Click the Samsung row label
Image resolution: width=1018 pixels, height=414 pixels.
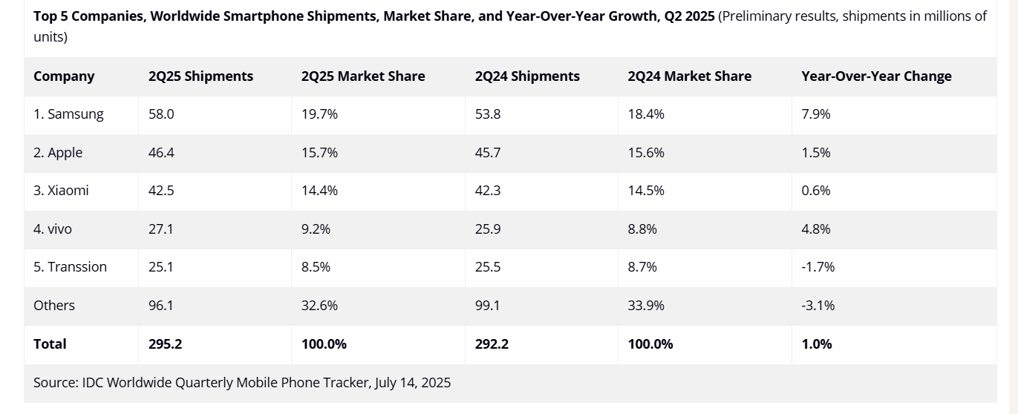pos(68,114)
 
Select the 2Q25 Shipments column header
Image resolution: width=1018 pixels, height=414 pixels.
pos(200,76)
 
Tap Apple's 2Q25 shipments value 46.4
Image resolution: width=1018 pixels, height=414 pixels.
pos(161,153)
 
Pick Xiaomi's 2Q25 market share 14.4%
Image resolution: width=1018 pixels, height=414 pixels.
pos(319,191)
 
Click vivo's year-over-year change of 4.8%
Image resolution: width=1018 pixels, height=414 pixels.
pos(816,229)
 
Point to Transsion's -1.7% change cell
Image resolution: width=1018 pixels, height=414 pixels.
pos(818,267)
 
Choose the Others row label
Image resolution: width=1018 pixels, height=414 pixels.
pos(54,306)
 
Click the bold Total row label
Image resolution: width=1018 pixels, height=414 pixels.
pos(50,344)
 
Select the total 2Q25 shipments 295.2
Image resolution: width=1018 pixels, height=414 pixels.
pos(166,344)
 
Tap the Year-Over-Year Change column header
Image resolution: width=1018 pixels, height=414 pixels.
pos(876,76)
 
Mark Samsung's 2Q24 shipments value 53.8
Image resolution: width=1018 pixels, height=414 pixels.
pos(488,114)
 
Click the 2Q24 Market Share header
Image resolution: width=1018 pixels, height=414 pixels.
pos(689,76)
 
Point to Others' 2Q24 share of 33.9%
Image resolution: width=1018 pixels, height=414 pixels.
pos(646,306)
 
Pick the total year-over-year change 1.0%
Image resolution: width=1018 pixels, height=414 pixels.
pos(817,344)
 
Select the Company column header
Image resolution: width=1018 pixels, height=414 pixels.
pos(64,76)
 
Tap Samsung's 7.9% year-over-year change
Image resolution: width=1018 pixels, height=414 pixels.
pos(816,114)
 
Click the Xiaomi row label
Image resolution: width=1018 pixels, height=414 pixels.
pos(61,191)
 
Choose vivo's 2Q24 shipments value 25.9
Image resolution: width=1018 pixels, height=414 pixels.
pos(488,229)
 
